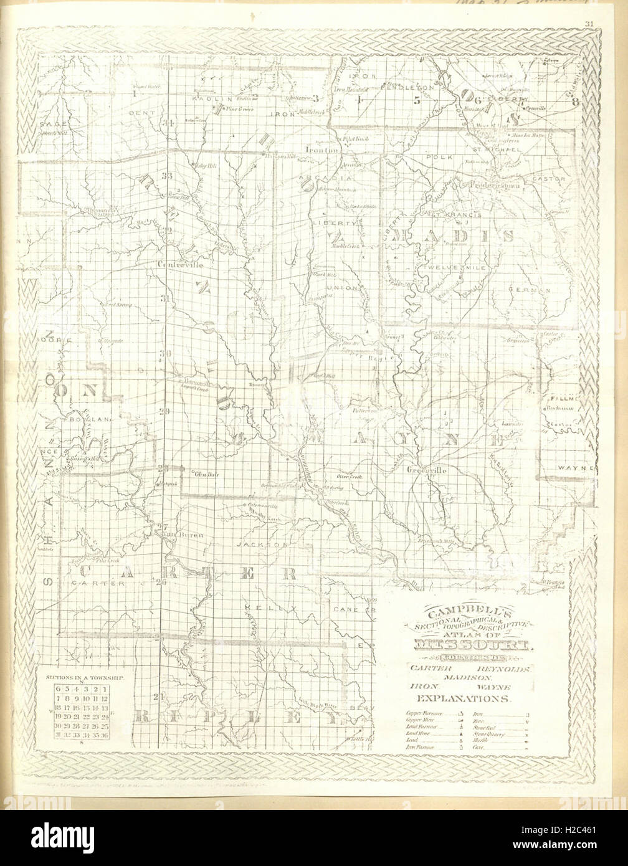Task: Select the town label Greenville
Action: (427, 470)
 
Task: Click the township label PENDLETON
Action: (403, 88)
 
